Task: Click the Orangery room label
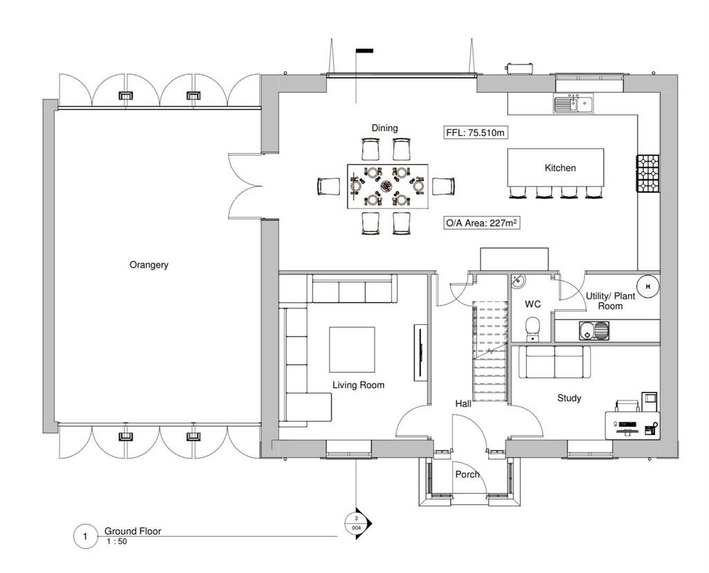(x=149, y=265)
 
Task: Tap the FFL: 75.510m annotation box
(x=475, y=133)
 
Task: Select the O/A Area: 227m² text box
(x=481, y=223)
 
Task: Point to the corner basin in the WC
(x=518, y=281)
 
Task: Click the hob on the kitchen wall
(x=648, y=173)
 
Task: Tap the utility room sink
(x=593, y=330)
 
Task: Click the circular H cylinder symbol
(x=648, y=287)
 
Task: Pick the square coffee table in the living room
(x=352, y=349)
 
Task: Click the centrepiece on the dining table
(x=386, y=186)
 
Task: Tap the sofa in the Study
(x=555, y=362)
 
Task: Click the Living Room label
(x=358, y=385)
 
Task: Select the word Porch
(x=467, y=475)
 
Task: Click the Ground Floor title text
(x=132, y=531)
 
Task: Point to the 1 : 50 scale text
(x=116, y=541)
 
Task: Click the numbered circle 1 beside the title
(x=85, y=537)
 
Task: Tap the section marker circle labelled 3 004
(x=357, y=522)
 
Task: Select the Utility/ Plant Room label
(x=611, y=301)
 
